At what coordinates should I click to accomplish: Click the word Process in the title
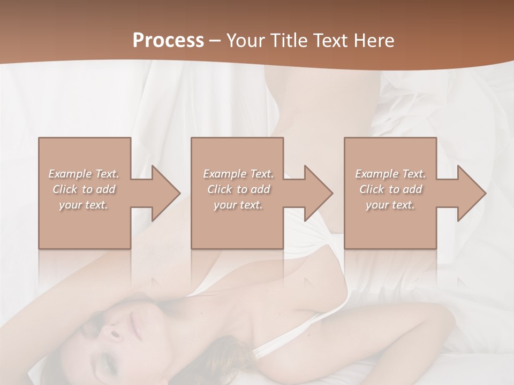point(168,40)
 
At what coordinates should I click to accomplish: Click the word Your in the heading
point(246,40)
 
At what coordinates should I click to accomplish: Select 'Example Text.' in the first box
point(84,174)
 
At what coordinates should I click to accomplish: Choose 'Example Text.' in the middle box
point(238,174)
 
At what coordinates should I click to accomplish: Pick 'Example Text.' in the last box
point(390,174)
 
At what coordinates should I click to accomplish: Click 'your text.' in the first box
point(84,205)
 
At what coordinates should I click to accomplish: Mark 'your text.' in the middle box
point(238,205)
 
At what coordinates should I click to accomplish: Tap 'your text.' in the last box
point(390,205)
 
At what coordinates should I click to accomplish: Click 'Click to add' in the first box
point(84,189)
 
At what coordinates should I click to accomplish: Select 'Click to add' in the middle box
point(238,189)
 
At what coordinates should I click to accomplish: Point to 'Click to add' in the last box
point(390,189)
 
